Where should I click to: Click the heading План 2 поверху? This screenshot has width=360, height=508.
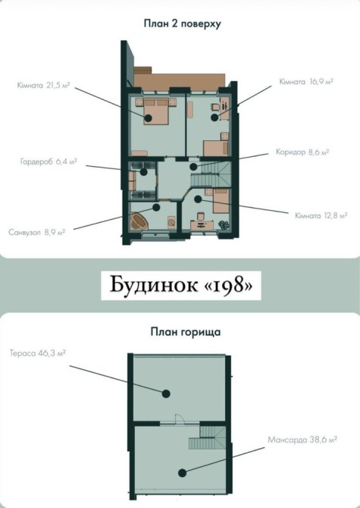click(x=182, y=24)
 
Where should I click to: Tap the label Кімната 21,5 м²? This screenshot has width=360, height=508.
click(x=43, y=86)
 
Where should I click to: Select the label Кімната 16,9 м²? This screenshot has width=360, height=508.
click(x=306, y=82)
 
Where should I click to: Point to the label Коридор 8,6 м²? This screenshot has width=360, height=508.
click(x=302, y=152)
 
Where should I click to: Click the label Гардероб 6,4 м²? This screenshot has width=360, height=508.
click(x=49, y=161)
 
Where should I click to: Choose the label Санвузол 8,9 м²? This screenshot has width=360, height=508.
click(x=37, y=232)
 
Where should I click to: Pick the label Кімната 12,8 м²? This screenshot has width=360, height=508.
click(x=321, y=215)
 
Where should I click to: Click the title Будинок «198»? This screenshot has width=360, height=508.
click(x=180, y=285)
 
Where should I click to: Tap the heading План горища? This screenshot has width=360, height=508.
click(x=186, y=332)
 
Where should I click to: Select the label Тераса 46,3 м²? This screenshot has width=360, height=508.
click(x=38, y=353)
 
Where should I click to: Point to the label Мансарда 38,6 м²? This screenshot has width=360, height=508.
click(x=302, y=440)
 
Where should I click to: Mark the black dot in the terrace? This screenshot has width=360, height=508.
click(x=166, y=394)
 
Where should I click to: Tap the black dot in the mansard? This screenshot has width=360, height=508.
click(x=182, y=473)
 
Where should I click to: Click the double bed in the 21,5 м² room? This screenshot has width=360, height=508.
click(x=156, y=111)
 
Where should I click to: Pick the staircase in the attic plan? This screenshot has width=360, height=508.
click(x=208, y=437)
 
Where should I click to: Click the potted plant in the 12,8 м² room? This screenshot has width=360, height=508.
click(x=224, y=224)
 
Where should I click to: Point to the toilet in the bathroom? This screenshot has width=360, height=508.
click(x=171, y=222)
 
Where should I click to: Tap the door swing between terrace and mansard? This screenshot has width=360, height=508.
click(x=180, y=419)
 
